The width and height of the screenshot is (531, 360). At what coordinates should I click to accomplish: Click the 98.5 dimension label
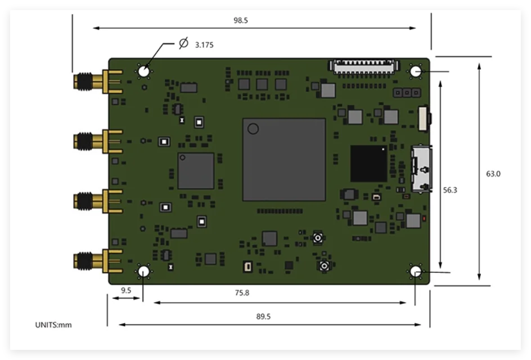(x=240, y=20)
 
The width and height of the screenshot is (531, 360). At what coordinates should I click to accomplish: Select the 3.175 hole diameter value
(x=204, y=45)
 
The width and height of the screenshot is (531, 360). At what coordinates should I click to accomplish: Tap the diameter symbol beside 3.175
(x=183, y=43)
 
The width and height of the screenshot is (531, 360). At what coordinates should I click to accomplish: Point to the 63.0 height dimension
(x=493, y=174)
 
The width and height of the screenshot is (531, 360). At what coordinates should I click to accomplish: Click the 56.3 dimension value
(x=450, y=190)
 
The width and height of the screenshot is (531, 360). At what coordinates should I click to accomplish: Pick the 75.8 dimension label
(x=242, y=292)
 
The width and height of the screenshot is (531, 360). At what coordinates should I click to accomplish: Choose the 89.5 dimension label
(x=263, y=317)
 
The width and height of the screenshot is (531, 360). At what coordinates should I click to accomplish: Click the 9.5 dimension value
(x=126, y=290)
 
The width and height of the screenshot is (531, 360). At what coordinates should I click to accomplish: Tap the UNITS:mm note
(x=53, y=325)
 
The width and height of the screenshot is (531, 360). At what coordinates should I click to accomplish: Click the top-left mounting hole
(x=144, y=71)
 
